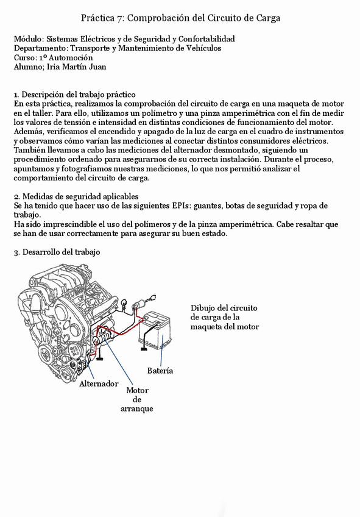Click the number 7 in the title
pos(119,18)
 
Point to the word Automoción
pos(71,58)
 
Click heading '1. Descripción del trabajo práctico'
pos(74,95)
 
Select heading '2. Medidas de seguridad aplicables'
pos(76,196)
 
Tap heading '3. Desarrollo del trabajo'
pos(57,252)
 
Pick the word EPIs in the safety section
pos(181,205)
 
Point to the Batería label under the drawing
pos(160,371)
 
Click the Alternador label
pos(99,383)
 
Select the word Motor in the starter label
pos(137,390)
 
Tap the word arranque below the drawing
pos(136,409)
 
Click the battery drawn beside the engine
pos(155,330)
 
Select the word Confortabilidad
pos(206,39)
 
